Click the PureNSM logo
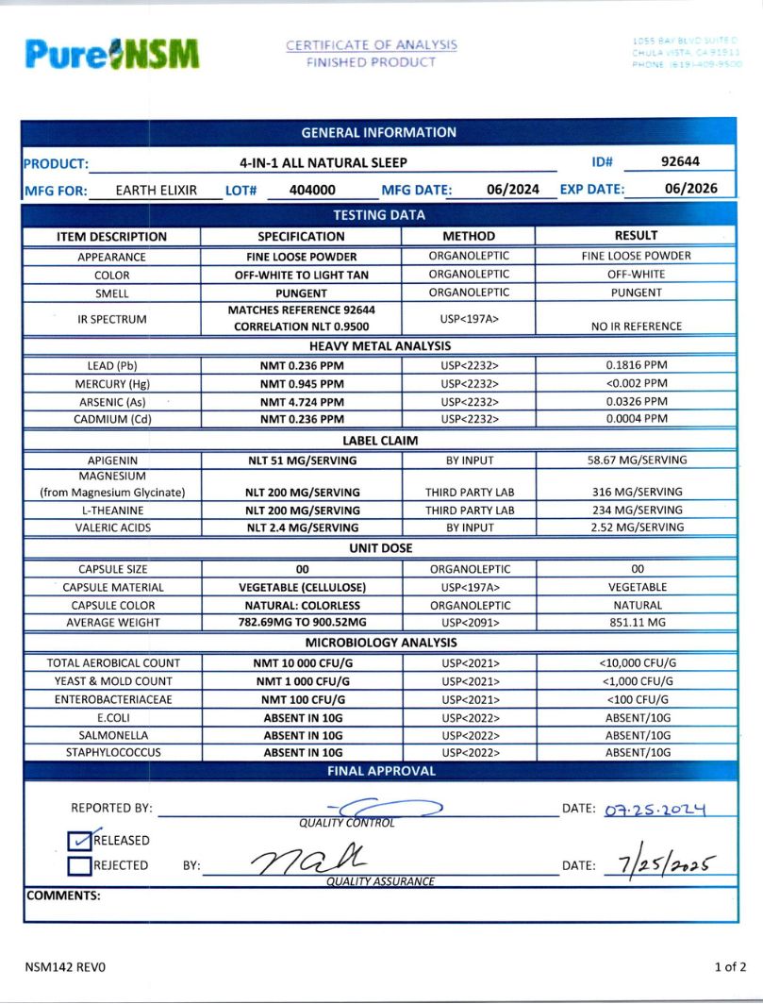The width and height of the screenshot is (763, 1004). pos(112,54)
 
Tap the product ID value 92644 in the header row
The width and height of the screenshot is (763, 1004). pos(680,162)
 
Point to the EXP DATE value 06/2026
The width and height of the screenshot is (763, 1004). pos(690,189)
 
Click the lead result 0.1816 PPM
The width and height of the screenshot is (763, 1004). pos(636,365)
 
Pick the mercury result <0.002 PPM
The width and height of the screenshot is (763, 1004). pos(636,383)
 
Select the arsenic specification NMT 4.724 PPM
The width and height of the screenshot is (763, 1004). pos(302,401)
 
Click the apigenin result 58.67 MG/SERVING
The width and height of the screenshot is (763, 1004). pos(636,460)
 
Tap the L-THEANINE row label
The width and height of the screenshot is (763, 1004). pos(112,510)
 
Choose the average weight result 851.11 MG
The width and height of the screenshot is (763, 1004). pos(636,623)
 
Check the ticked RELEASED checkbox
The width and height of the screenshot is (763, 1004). pos(80,840)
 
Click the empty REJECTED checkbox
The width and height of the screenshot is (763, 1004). pos(80,865)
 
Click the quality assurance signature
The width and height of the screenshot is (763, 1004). pos(307,861)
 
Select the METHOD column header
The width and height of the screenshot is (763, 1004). pos(468,236)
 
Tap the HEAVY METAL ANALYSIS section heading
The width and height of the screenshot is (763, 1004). pos(380,346)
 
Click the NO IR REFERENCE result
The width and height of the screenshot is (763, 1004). pos(636,326)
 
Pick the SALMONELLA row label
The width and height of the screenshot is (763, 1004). pos(112,735)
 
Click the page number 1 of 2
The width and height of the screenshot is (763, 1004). pos(730,967)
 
